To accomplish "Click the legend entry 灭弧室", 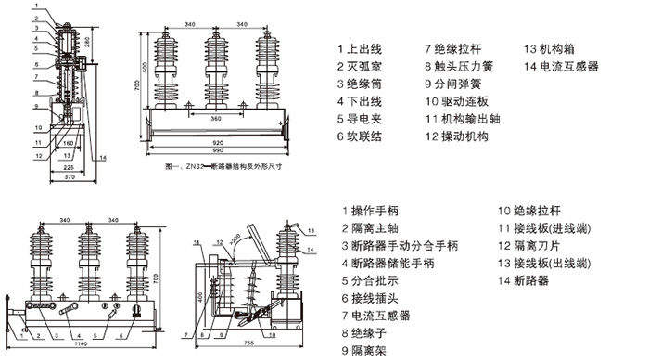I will [x=367, y=67].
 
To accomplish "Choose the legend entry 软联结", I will [x=367, y=136].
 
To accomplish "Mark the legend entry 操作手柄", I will [x=376, y=212].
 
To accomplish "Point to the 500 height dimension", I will [x=146, y=69].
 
